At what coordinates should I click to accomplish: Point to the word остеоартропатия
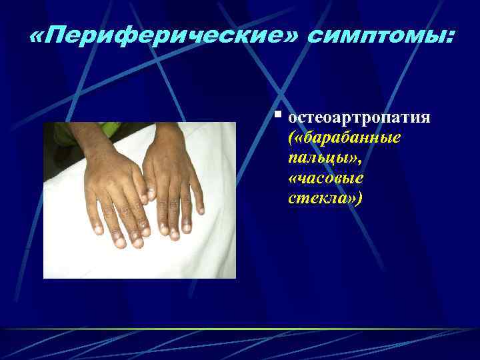coord(359,118)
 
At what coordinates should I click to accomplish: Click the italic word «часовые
coord(327,179)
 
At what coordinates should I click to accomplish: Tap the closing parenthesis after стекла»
coord(361,199)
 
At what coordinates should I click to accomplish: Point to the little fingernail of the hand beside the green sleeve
coord(98,230)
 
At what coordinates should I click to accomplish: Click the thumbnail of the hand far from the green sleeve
coord(151,194)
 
